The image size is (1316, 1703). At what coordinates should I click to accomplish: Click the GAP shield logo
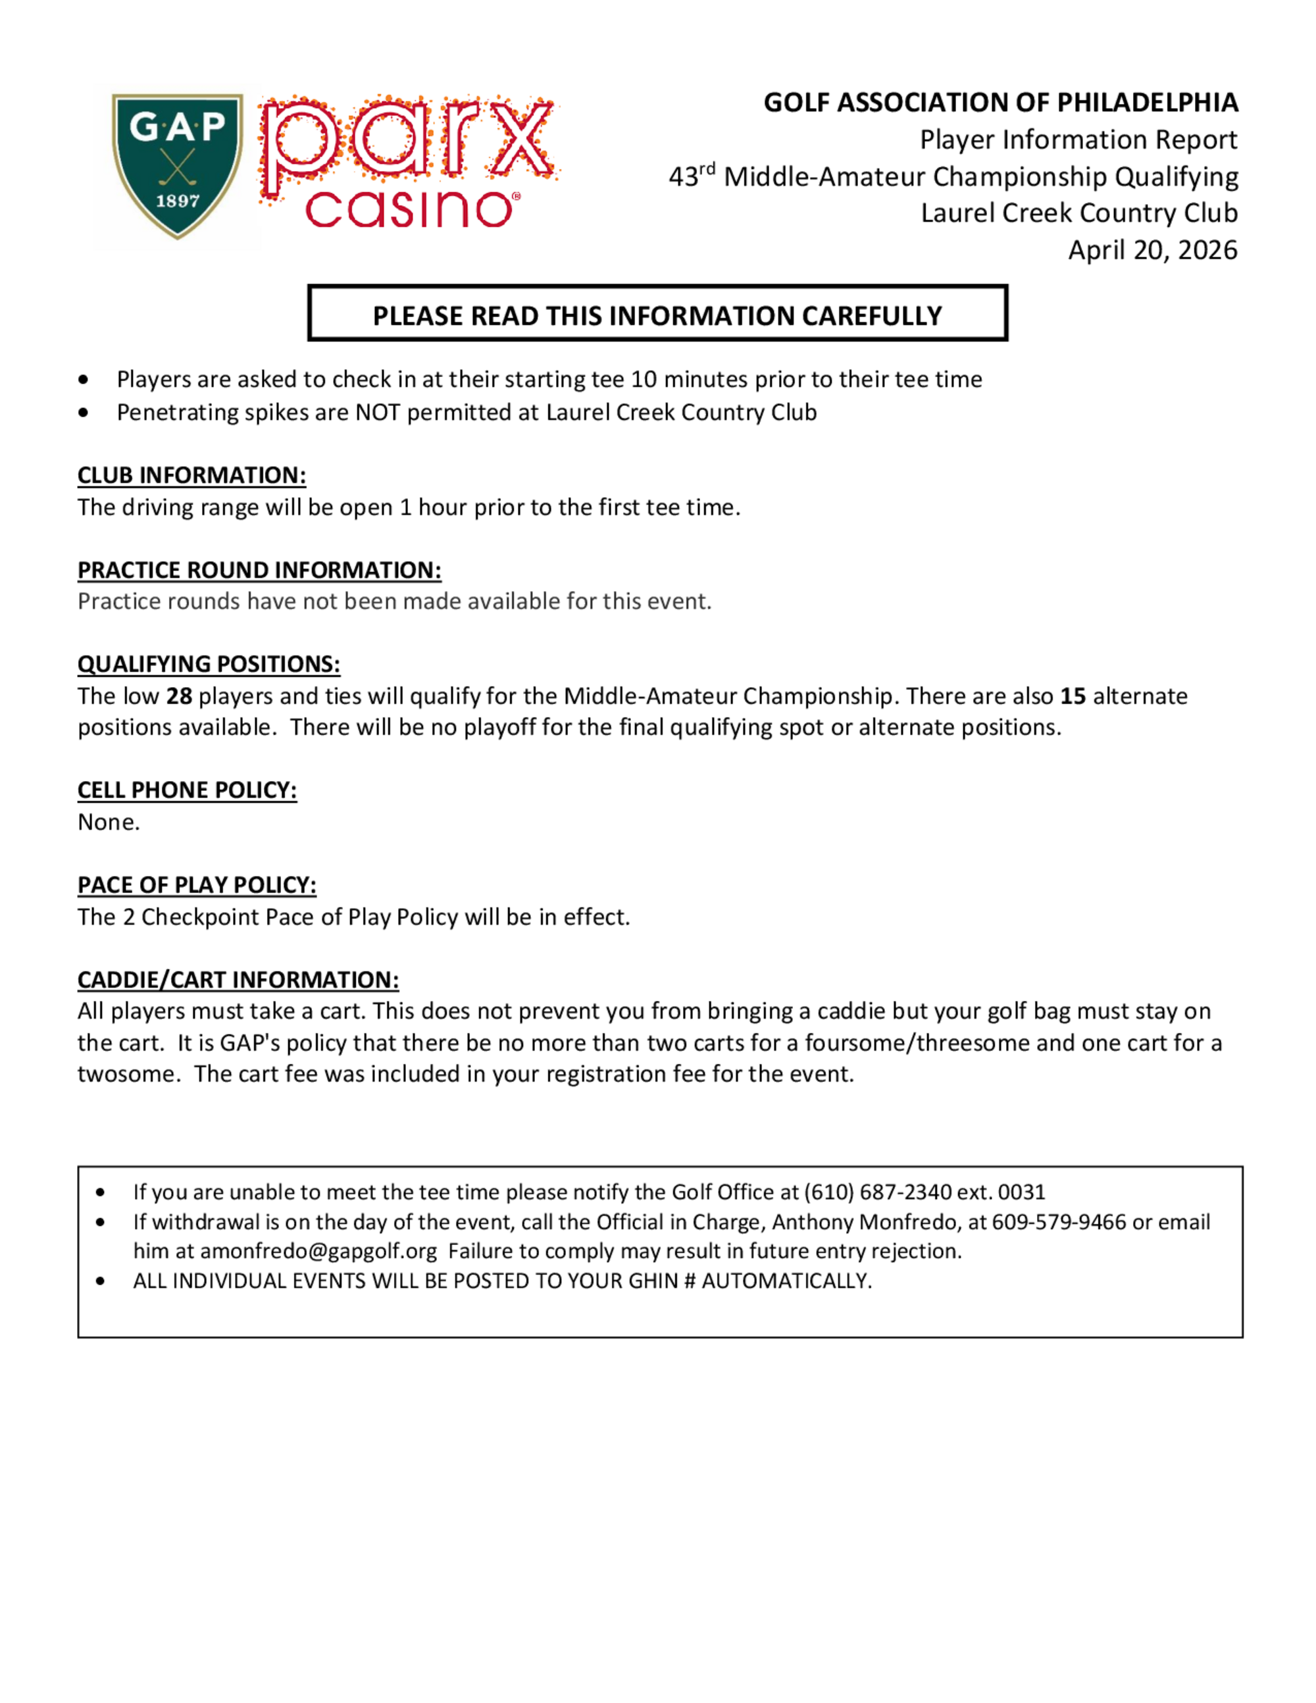(178, 165)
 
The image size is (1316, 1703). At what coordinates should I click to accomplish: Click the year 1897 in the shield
(178, 201)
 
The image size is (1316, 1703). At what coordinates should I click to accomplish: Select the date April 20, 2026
(1152, 250)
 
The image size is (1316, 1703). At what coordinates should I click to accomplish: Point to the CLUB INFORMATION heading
(191, 475)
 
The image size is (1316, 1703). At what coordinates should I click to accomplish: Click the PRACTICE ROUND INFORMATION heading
(259, 570)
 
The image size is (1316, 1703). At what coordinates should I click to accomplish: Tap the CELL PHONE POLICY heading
(187, 790)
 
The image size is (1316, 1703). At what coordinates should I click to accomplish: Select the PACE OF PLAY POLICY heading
(197, 885)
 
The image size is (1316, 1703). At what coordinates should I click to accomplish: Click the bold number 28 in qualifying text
(180, 696)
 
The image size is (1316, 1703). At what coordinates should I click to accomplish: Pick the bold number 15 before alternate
(1073, 696)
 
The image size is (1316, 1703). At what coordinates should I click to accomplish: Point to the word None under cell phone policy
(109, 822)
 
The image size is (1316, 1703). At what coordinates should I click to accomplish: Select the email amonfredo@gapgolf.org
(318, 1252)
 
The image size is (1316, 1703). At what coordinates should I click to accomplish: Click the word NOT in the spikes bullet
(377, 413)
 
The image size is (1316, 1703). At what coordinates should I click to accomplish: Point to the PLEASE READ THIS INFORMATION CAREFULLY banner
(657, 315)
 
